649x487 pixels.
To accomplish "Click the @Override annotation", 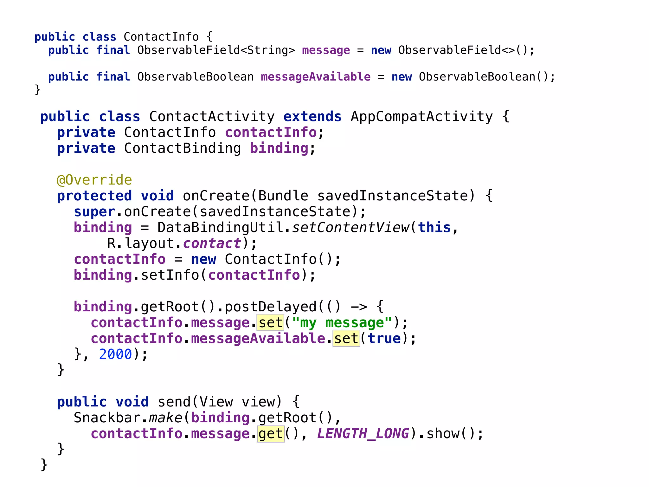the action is click(x=94, y=180).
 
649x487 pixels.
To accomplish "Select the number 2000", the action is click(x=115, y=354).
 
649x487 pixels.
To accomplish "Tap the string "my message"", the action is click(x=342, y=323).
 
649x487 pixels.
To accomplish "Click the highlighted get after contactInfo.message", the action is click(x=271, y=434).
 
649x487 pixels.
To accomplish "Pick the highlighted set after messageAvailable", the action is click(x=346, y=339).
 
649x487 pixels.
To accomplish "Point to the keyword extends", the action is click(x=312, y=117).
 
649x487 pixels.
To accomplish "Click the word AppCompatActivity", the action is click(x=422, y=117).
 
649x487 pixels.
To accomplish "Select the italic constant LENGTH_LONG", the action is click(x=363, y=434).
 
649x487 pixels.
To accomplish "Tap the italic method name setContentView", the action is click(x=350, y=228).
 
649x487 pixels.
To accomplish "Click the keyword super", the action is click(x=94, y=212).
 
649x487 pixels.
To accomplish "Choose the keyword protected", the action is click(x=94, y=196).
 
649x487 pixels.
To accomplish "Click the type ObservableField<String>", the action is click(x=216, y=50).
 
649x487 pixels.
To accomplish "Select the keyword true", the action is click(x=384, y=339).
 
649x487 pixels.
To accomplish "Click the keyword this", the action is click(x=434, y=228).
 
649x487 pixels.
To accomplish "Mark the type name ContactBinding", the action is click(x=182, y=148).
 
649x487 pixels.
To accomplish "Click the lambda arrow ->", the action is click(x=359, y=307).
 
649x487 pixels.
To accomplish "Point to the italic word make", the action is click(x=165, y=418).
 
